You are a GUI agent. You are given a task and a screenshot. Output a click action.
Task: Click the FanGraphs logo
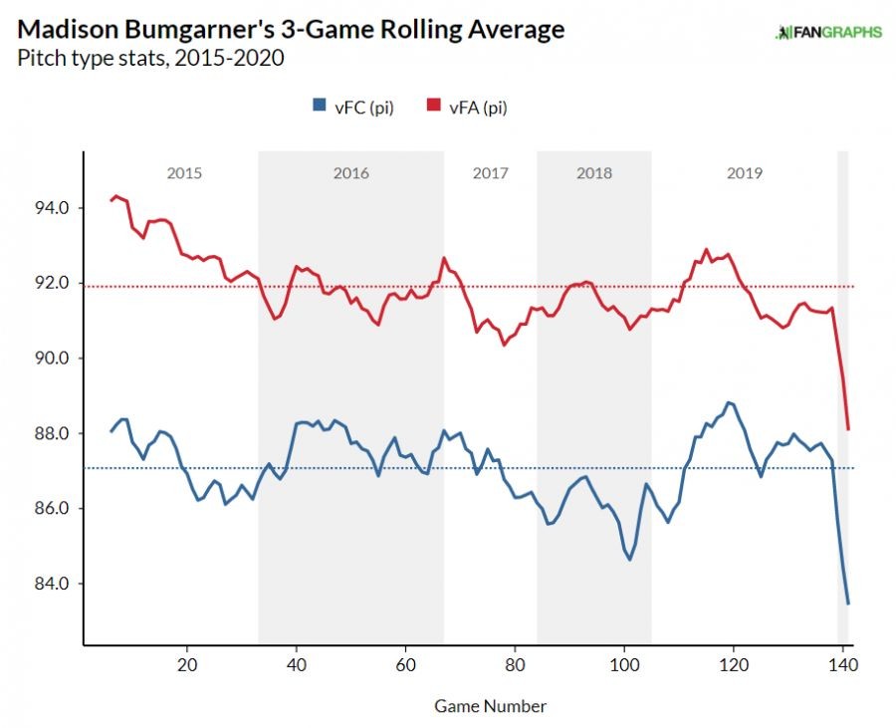click(828, 32)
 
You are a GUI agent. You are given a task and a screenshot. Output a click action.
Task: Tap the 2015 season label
click(184, 173)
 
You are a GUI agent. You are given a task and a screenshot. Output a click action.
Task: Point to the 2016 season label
click(350, 173)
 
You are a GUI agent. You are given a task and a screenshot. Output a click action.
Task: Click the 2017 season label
click(491, 173)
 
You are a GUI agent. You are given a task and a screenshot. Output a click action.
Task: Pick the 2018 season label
click(594, 173)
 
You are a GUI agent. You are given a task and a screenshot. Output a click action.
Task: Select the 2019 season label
click(745, 173)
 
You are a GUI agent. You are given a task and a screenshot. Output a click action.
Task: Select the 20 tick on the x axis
click(187, 663)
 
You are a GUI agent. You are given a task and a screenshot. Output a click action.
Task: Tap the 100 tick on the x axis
click(623, 663)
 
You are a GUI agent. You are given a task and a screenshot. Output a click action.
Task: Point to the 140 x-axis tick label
click(842, 663)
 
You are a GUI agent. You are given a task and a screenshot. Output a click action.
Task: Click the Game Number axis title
click(490, 706)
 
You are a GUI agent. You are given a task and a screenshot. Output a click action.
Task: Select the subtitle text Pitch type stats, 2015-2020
click(150, 58)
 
